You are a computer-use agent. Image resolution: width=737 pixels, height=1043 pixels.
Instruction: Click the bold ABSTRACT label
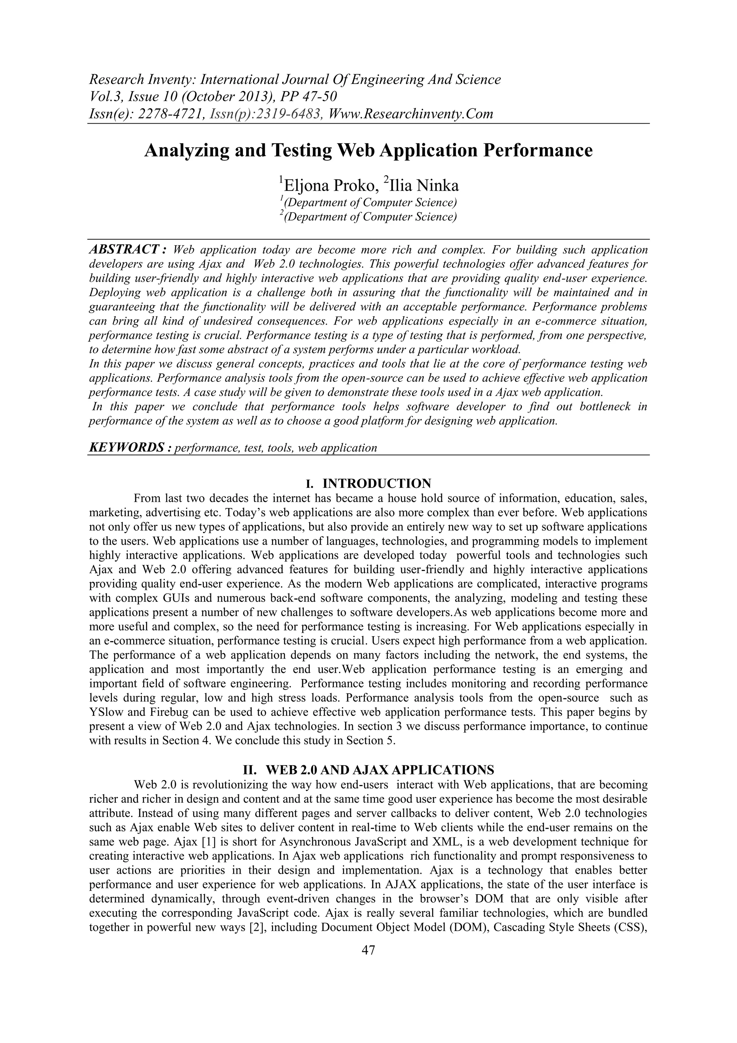[x=128, y=249]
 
